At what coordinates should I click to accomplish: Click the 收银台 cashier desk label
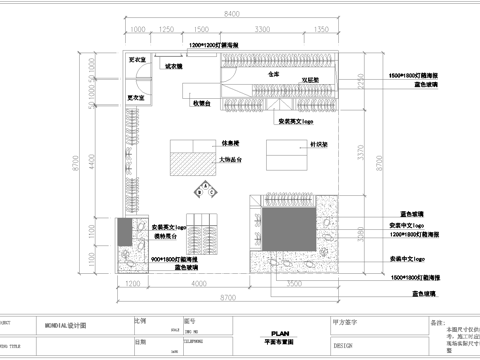[197, 102]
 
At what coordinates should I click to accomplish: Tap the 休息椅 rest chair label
[229, 143]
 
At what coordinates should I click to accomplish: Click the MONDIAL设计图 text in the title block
[65, 325]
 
